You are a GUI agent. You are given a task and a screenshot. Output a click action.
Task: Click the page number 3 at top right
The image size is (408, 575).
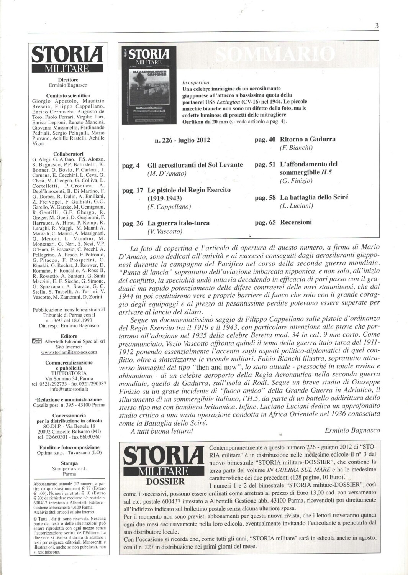tap(377, 26)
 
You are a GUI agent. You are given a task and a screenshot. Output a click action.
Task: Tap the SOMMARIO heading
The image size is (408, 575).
tap(275, 54)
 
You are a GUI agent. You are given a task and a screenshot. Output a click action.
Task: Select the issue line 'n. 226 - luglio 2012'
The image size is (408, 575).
tap(182, 140)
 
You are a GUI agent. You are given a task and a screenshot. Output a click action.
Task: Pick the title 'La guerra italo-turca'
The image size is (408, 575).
tap(179, 223)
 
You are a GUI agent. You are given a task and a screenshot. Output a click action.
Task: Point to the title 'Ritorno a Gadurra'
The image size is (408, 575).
tap(308, 139)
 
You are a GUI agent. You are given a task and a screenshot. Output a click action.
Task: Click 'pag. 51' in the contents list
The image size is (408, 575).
tap(265, 164)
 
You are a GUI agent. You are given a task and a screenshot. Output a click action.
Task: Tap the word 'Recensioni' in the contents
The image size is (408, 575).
tap(296, 222)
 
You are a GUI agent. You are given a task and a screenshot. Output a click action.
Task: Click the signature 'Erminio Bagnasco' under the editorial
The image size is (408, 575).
tap(352, 430)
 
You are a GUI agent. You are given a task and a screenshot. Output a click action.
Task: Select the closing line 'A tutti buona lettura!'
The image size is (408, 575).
tap(162, 431)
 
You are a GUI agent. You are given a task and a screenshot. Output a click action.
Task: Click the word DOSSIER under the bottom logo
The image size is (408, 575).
tap(165, 481)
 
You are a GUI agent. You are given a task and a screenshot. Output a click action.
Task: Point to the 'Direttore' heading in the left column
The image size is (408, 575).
tap(69, 80)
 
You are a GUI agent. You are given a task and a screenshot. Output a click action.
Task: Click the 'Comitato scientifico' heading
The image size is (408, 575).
tap(68, 96)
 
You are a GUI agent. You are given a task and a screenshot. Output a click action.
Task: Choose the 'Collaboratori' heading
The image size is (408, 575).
tap(69, 153)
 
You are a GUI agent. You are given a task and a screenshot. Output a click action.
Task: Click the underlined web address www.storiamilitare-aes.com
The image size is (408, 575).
tap(69, 352)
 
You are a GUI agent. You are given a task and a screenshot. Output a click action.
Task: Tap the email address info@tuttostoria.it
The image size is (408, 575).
tap(69, 389)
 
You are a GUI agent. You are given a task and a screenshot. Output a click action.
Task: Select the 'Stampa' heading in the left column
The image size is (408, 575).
tap(69, 463)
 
